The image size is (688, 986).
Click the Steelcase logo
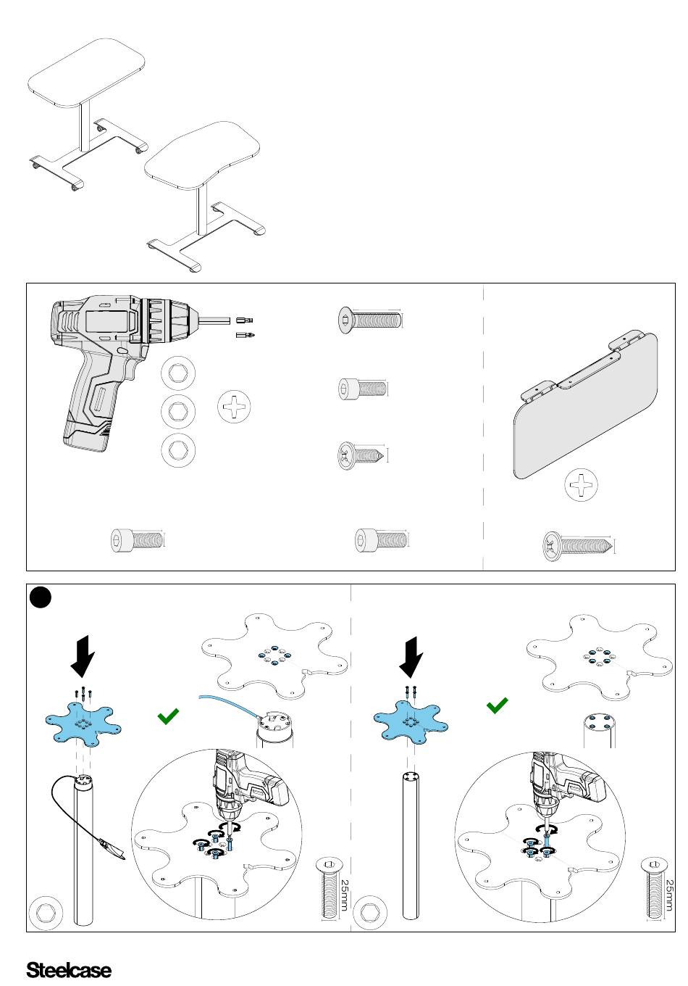point(69,970)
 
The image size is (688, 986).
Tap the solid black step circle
point(41,597)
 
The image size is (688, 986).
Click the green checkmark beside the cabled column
point(168,716)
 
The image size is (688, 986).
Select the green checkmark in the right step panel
point(498,705)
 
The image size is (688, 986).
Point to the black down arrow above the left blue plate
point(83,656)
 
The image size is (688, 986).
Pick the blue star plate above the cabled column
point(83,724)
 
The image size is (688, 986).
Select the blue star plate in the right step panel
point(411,723)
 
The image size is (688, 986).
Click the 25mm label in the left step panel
point(345,895)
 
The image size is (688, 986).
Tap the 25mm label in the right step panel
point(670,895)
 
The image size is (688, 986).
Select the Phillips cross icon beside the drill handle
point(234,406)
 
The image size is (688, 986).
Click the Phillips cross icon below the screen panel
point(581,484)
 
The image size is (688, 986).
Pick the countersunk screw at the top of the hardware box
point(370,319)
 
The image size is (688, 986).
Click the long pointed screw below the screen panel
point(578,546)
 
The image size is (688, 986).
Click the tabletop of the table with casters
point(87,73)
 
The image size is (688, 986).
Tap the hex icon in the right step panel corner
point(370,913)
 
